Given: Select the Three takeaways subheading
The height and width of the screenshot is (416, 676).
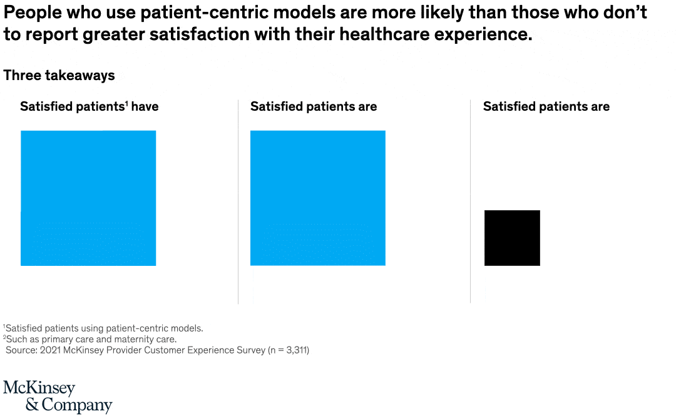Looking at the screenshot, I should coord(59,76).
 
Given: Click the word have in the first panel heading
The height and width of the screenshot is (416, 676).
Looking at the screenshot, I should coord(145,107).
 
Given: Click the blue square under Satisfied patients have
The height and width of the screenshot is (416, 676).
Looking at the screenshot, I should coord(88,198).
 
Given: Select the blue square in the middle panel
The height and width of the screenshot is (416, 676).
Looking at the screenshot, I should coord(318,198).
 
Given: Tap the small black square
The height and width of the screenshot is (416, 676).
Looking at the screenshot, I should coord(512,238).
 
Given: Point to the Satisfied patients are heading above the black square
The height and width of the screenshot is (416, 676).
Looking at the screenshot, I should coord(546,107).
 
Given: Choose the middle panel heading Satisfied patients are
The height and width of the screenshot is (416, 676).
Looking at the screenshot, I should coord(314,107).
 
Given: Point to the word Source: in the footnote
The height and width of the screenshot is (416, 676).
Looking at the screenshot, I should coord(21,350).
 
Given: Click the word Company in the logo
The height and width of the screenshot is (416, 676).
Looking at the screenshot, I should coord(77,405).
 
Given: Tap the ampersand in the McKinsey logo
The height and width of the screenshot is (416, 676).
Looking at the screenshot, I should coord(31,405).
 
